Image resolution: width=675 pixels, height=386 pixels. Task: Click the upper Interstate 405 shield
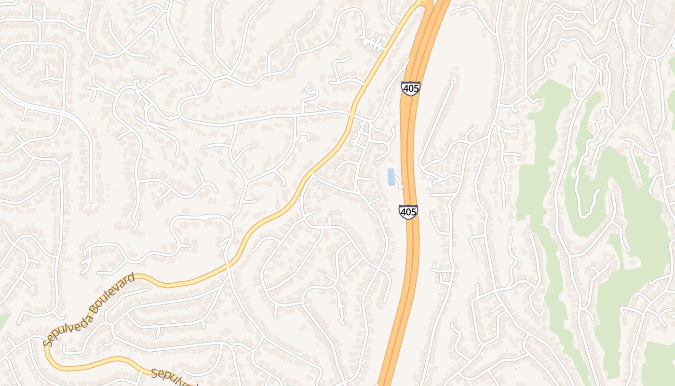tap(410, 88)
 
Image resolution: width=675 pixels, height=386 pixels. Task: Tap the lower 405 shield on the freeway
tap(408, 212)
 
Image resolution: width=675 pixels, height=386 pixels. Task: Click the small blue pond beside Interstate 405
tap(391, 177)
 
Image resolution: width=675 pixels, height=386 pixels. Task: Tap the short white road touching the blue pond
tap(398, 182)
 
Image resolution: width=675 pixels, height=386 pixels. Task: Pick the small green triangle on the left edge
tap(3, 320)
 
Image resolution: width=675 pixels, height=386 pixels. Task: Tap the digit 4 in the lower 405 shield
tap(404, 212)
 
